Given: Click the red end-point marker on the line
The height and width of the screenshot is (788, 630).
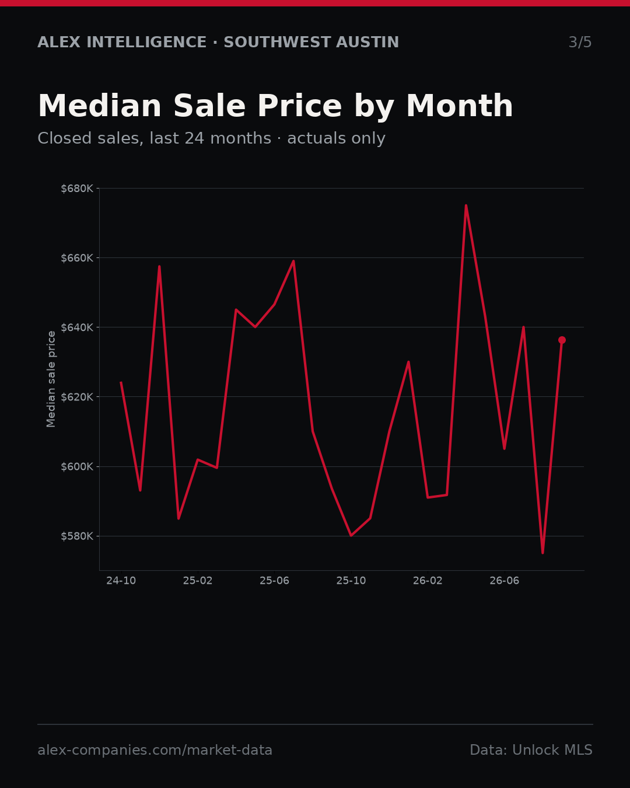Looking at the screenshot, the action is [562, 340].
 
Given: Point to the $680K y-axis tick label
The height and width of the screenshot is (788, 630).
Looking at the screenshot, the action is [77, 189].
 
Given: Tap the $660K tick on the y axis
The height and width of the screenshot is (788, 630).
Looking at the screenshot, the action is [77, 258].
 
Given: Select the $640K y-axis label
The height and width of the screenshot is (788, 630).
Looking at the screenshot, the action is [77, 327].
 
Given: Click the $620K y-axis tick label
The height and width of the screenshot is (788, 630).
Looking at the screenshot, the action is [77, 397].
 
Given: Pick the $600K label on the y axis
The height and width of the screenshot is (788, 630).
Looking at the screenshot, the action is [77, 466].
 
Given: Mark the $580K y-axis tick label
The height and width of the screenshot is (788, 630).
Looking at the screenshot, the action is [77, 536].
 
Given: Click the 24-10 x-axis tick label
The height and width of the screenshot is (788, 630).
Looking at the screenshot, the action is [121, 581].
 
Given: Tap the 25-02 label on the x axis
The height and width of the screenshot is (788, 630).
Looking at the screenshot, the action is [198, 581].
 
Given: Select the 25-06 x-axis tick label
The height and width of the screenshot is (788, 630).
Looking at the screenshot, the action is [275, 581].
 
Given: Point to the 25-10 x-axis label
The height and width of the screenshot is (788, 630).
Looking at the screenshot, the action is [351, 581].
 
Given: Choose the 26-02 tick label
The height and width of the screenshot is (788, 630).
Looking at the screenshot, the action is [428, 581].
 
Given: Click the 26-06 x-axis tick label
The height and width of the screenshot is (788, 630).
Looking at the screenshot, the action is [505, 581].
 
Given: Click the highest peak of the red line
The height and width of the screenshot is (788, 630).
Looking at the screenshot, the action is [466, 205].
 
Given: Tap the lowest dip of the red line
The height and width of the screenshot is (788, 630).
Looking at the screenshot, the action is [542, 553].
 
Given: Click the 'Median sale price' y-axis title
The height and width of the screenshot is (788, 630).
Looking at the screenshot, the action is [51, 379].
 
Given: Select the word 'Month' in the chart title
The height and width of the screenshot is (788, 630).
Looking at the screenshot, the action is [460, 106].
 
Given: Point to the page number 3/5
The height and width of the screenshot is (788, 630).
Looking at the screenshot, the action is [580, 42].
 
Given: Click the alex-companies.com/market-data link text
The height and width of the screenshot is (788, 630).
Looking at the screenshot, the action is [155, 749].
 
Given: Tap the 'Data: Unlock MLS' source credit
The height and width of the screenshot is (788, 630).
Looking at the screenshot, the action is [531, 749].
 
